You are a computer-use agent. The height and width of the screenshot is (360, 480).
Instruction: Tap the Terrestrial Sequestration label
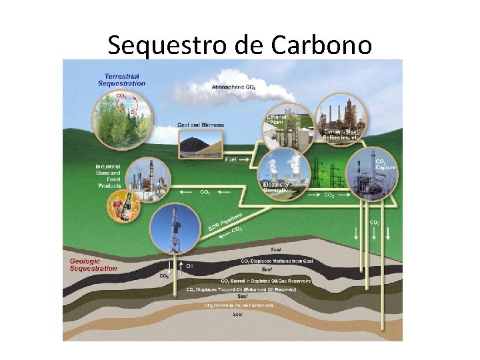tap(121, 80)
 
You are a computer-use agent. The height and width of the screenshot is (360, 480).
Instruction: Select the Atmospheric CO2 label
tap(233, 87)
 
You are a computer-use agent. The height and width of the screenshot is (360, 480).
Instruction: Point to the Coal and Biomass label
tap(201, 125)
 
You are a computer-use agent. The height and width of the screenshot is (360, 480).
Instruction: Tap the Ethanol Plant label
tap(276, 119)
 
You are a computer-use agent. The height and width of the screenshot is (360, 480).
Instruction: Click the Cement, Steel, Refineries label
tap(341, 134)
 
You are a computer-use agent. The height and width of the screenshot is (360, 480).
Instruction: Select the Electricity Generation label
tap(277, 187)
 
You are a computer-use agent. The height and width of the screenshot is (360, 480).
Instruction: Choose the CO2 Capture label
tap(385, 164)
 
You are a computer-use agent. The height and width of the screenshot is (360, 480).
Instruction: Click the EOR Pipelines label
tap(224, 222)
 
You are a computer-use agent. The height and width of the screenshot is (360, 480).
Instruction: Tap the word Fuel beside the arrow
tap(231, 160)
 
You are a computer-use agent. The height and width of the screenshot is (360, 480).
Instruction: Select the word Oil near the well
tap(190, 265)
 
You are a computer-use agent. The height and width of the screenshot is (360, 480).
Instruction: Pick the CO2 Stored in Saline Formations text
tap(238, 305)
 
